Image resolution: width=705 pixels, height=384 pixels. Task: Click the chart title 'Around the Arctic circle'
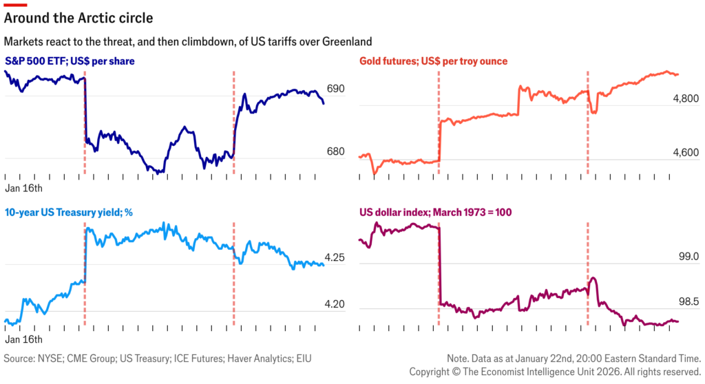pyautogui.click(x=79, y=17)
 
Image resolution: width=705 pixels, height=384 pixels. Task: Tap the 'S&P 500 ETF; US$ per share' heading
pyautogui.click(x=70, y=61)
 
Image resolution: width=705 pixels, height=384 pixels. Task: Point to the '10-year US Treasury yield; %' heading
pyautogui.click(x=67, y=212)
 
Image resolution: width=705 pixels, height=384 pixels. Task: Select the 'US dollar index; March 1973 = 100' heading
pyautogui.click(x=435, y=212)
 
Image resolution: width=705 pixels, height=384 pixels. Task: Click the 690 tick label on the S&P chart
pyautogui.click(x=335, y=89)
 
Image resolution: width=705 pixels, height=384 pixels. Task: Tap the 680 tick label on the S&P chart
pyautogui.click(x=335, y=151)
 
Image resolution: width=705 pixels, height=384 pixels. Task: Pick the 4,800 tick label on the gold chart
pyautogui.click(x=686, y=99)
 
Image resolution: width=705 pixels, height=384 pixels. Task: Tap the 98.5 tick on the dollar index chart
pyautogui.click(x=688, y=302)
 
